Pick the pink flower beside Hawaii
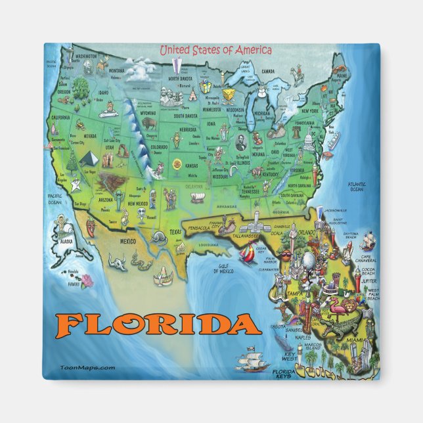pos(87,280)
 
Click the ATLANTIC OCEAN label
pos(357,187)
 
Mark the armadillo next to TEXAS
pos(158,236)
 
